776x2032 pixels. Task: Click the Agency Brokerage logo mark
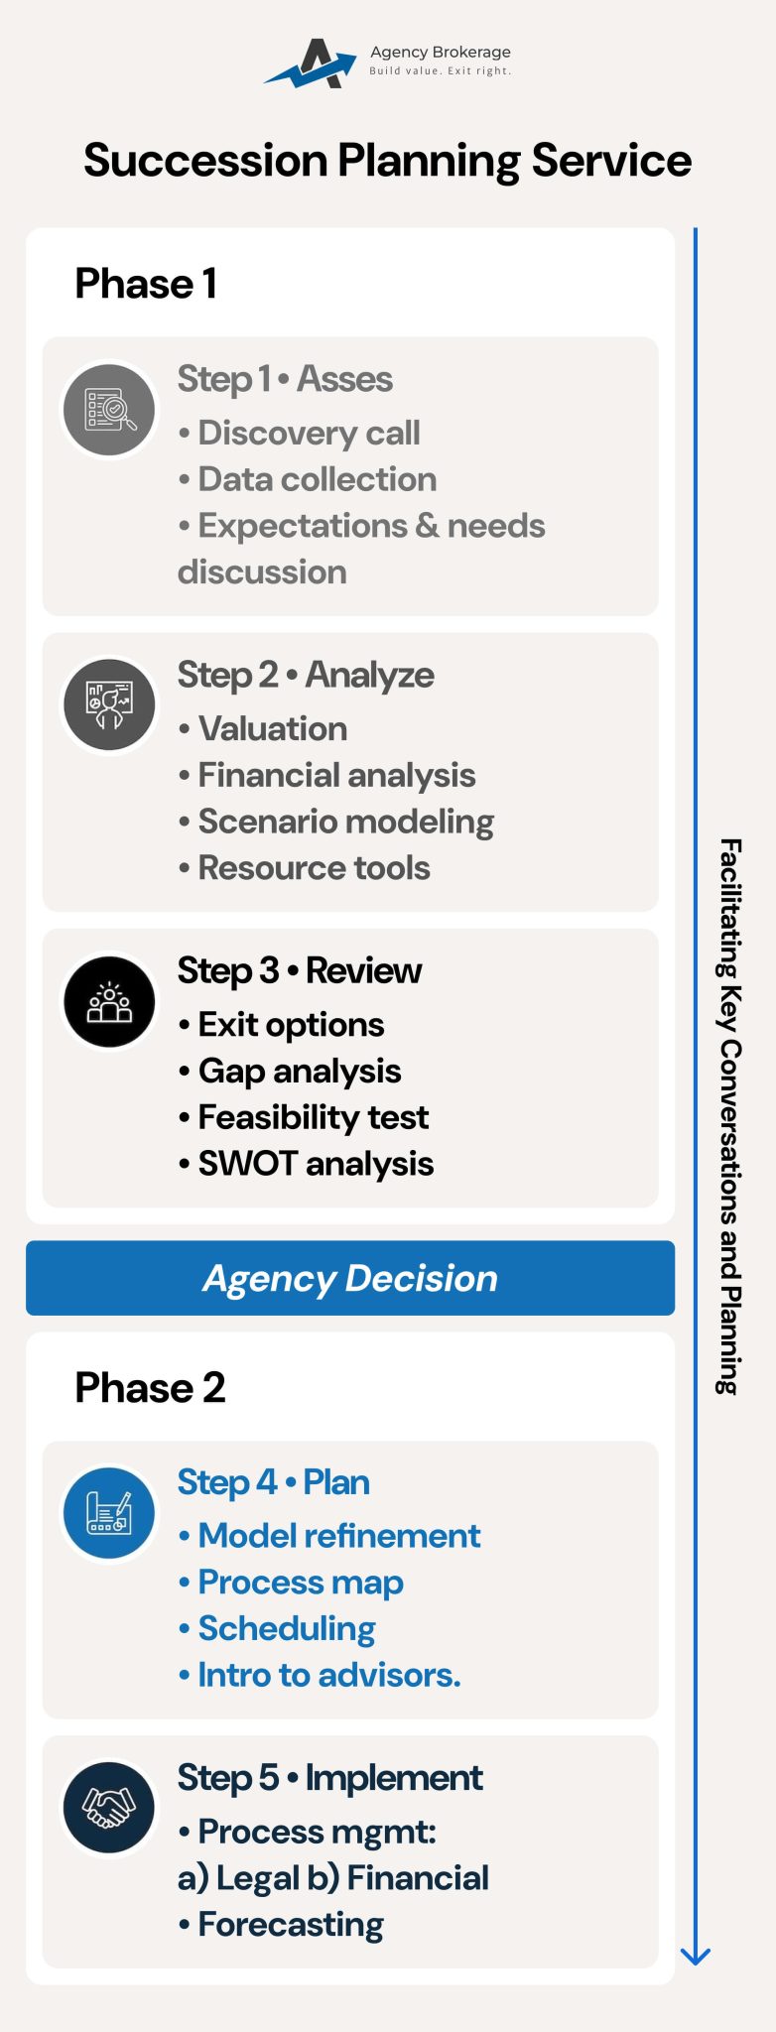(311, 64)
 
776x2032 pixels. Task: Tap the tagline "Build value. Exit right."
(440, 71)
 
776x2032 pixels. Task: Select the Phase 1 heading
(146, 284)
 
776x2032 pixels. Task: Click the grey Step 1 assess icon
(109, 409)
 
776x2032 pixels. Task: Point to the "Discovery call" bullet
(308, 433)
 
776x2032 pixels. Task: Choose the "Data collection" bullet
(316, 479)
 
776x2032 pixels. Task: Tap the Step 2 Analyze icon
(109, 704)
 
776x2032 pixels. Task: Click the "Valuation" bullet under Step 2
(272, 729)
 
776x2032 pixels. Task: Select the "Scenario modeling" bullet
(344, 822)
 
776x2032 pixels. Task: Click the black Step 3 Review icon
(109, 1001)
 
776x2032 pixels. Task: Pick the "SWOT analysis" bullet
(315, 1164)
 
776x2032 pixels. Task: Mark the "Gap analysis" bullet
(299, 1072)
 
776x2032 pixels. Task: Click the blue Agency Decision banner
(350, 1278)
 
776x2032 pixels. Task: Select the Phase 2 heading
(150, 1387)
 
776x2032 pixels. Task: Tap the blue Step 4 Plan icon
(109, 1512)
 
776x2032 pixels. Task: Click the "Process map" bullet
(300, 1583)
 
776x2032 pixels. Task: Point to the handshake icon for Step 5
(109, 1806)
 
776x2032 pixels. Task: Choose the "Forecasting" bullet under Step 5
(290, 1925)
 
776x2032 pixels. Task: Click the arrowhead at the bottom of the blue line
(696, 1956)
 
